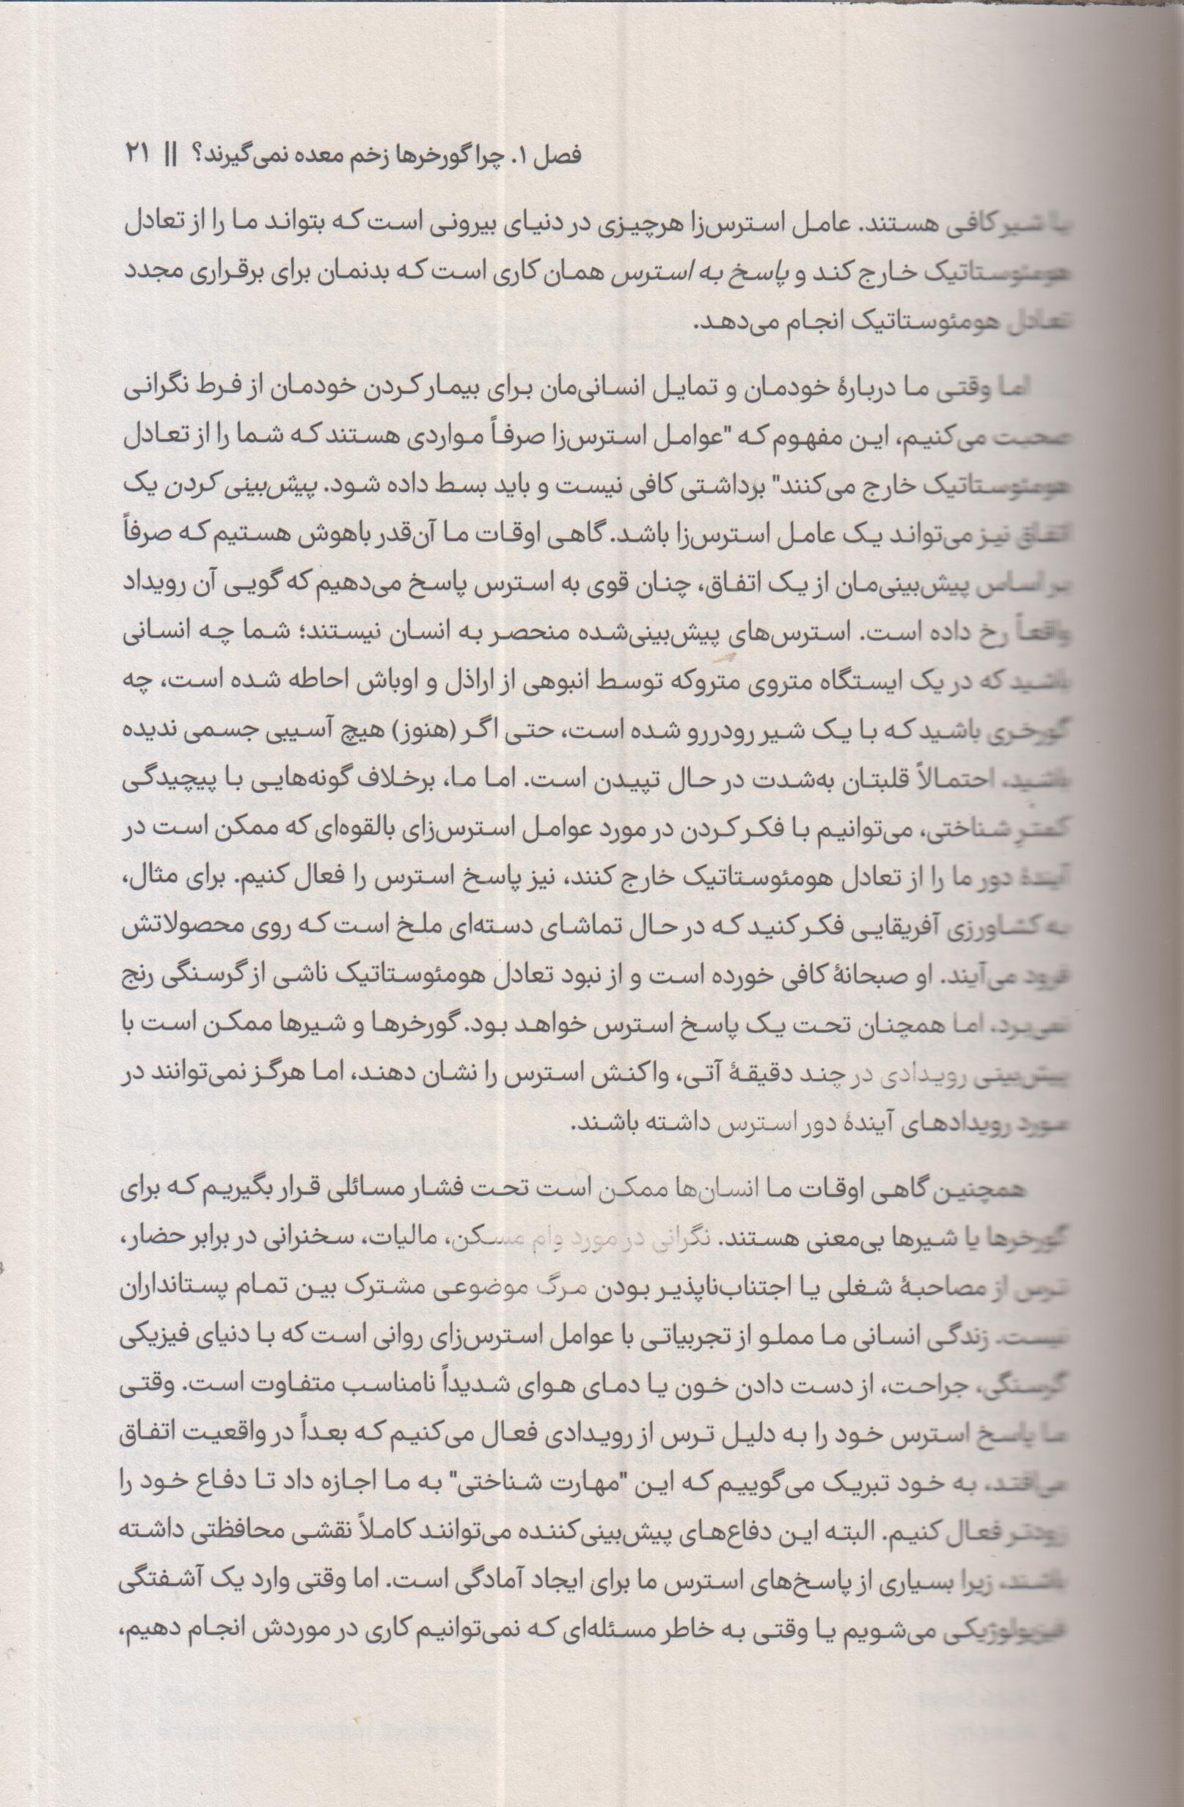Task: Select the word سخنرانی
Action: click(x=337, y=1241)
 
